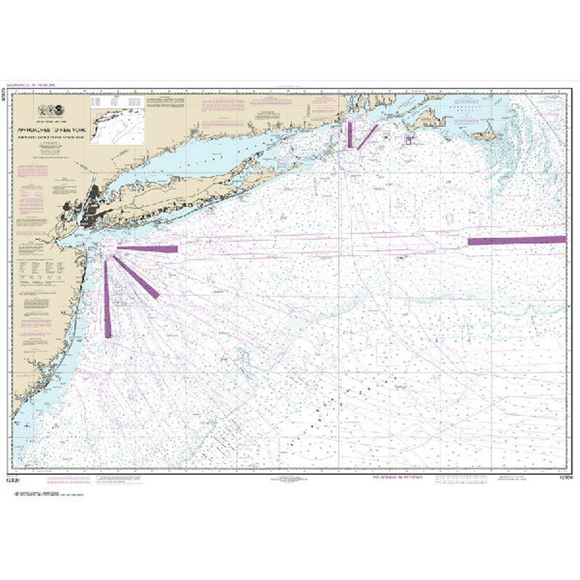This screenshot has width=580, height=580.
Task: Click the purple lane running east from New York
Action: [x=148, y=249]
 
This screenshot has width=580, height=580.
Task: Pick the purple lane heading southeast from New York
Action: [x=138, y=278]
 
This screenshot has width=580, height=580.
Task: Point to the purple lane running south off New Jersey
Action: [x=107, y=301]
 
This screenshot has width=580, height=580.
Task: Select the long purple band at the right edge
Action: [x=516, y=240]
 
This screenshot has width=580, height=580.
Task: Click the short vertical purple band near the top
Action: [x=349, y=135]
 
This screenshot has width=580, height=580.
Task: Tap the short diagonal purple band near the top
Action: [x=368, y=136]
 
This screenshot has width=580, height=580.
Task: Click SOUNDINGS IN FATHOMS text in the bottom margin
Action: [x=388, y=479]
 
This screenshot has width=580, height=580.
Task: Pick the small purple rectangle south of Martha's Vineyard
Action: [x=408, y=140]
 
